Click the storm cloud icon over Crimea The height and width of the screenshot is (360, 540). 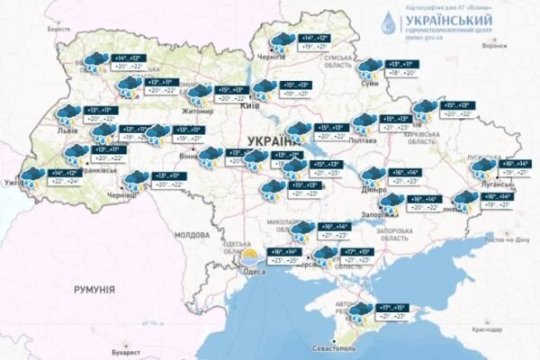tap(362, 314)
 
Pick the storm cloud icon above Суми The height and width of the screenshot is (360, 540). tap(368, 68)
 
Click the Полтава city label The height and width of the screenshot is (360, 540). tap(367, 140)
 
